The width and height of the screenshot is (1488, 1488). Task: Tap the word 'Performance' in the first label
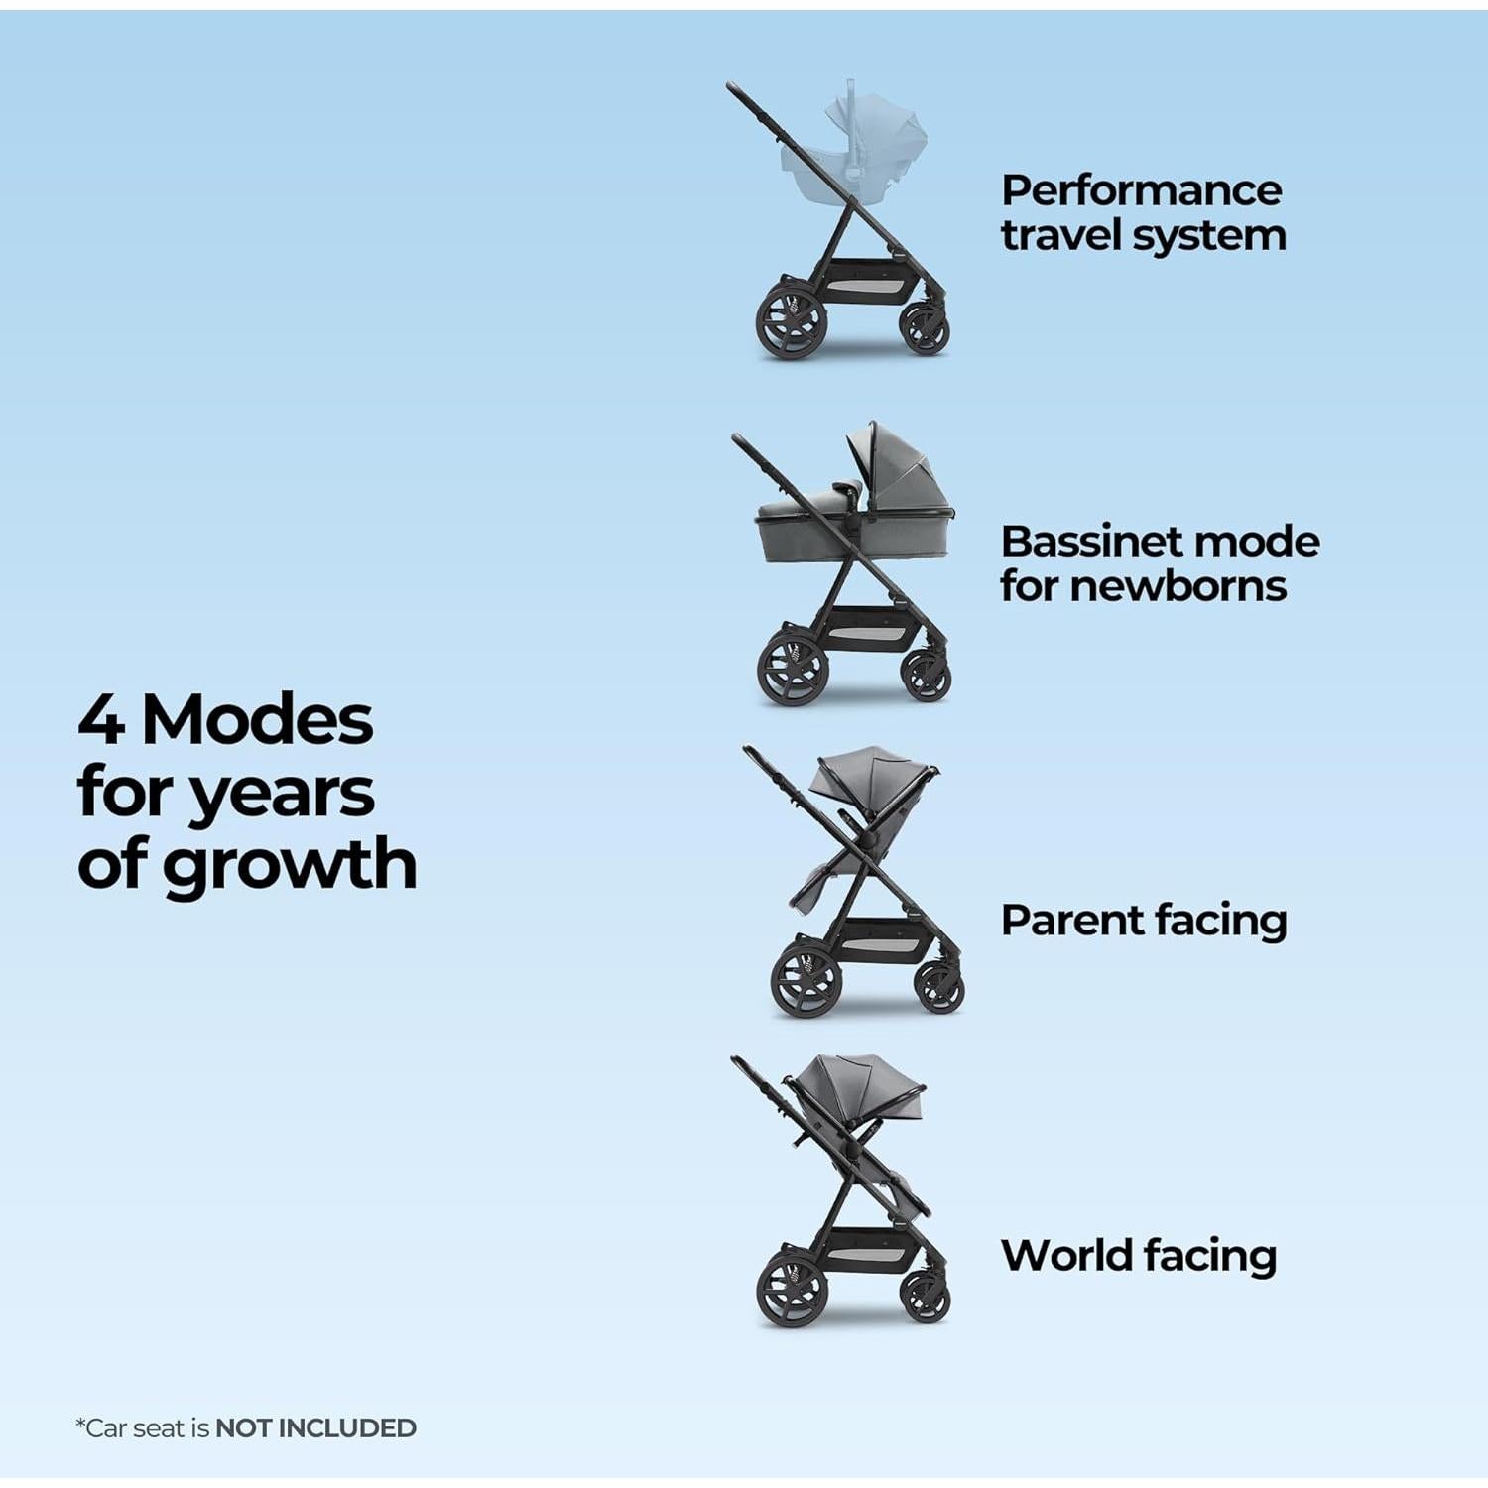pos(1141,190)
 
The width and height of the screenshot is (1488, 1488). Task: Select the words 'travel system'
pos(1143,236)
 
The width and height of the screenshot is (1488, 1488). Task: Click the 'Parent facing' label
pos(1143,921)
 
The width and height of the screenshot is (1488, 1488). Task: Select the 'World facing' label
pos(1138,1255)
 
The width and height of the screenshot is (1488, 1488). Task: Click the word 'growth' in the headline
pos(289,865)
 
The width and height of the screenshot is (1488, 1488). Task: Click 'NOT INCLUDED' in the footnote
pos(315,1428)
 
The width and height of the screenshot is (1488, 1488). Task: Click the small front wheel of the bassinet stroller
pos(927,675)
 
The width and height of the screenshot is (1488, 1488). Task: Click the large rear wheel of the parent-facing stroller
pos(806,979)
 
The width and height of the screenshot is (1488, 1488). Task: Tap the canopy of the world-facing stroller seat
pos(858,1086)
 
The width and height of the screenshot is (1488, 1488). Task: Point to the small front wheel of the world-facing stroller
pos(927,1296)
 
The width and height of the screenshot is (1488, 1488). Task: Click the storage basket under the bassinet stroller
pos(863,627)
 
